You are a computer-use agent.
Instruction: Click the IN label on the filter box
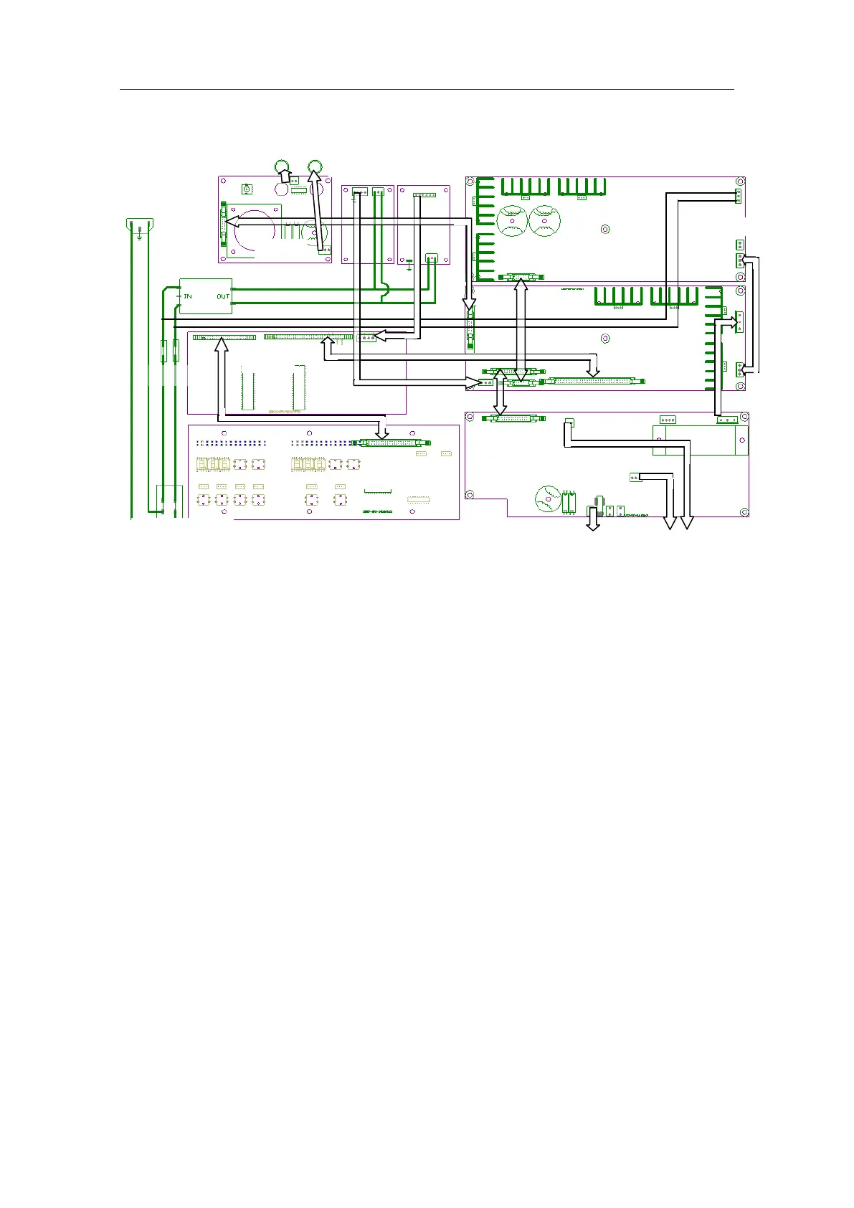point(188,296)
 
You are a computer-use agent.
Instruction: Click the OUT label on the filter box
point(223,296)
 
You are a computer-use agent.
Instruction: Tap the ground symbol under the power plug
point(139,234)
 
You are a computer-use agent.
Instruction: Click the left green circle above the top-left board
point(283,167)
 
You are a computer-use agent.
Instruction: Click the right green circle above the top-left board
point(314,167)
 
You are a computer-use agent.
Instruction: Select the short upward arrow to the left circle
point(285,176)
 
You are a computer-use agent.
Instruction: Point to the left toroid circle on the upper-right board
point(512,221)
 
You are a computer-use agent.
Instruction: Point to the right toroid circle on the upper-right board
point(544,221)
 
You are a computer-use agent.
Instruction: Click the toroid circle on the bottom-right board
point(549,499)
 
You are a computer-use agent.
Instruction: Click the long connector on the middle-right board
point(591,381)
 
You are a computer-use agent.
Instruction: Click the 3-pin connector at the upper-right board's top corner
point(738,197)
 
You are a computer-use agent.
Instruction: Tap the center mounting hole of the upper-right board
point(604,230)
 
